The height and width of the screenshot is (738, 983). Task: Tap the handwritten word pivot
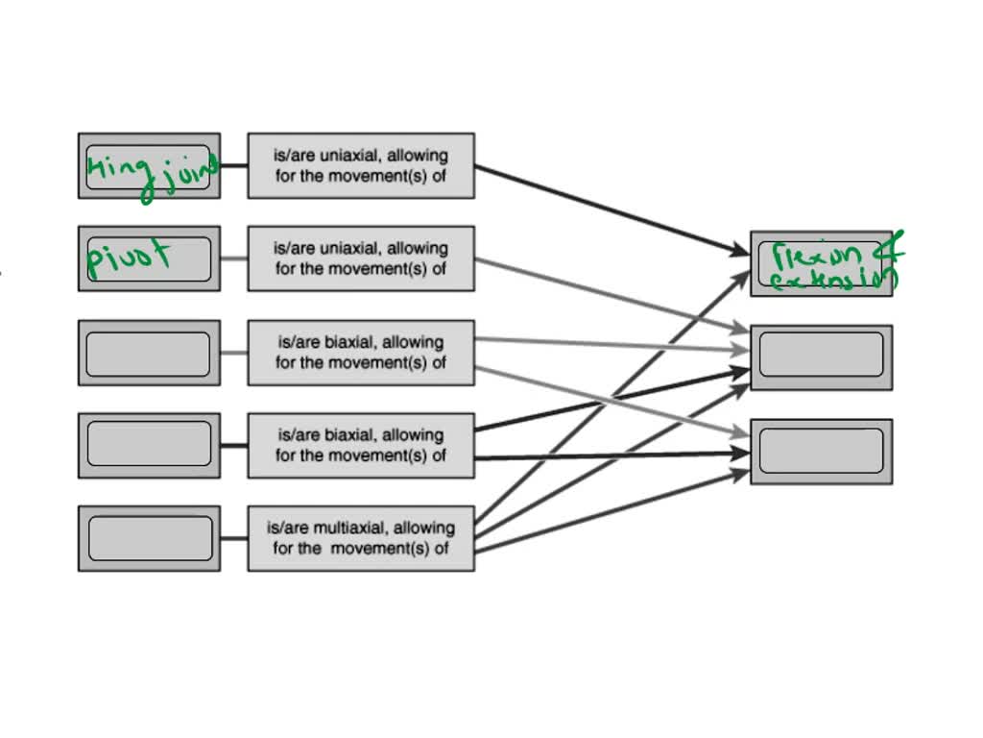click(x=130, y=258)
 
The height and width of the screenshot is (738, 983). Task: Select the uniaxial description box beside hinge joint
click(x=360, y=165)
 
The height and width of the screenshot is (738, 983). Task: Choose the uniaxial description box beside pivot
click(x=360, y=258)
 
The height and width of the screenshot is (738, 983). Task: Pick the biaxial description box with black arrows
click(x=360, y=445)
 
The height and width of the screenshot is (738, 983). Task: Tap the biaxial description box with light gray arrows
click(x=360, y=352)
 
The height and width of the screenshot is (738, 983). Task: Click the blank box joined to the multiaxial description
click(x=149, y=538)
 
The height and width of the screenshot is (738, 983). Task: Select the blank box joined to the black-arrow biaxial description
click(x=149, y=445)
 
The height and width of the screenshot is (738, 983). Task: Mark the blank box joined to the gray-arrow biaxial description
click(x=149, y=353)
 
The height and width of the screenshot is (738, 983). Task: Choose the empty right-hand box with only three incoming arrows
click(x=821, y=451)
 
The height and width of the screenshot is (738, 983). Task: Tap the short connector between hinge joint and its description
click(x=233, y=165)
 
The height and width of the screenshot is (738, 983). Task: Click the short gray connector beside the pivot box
click(x=233, y=258)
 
